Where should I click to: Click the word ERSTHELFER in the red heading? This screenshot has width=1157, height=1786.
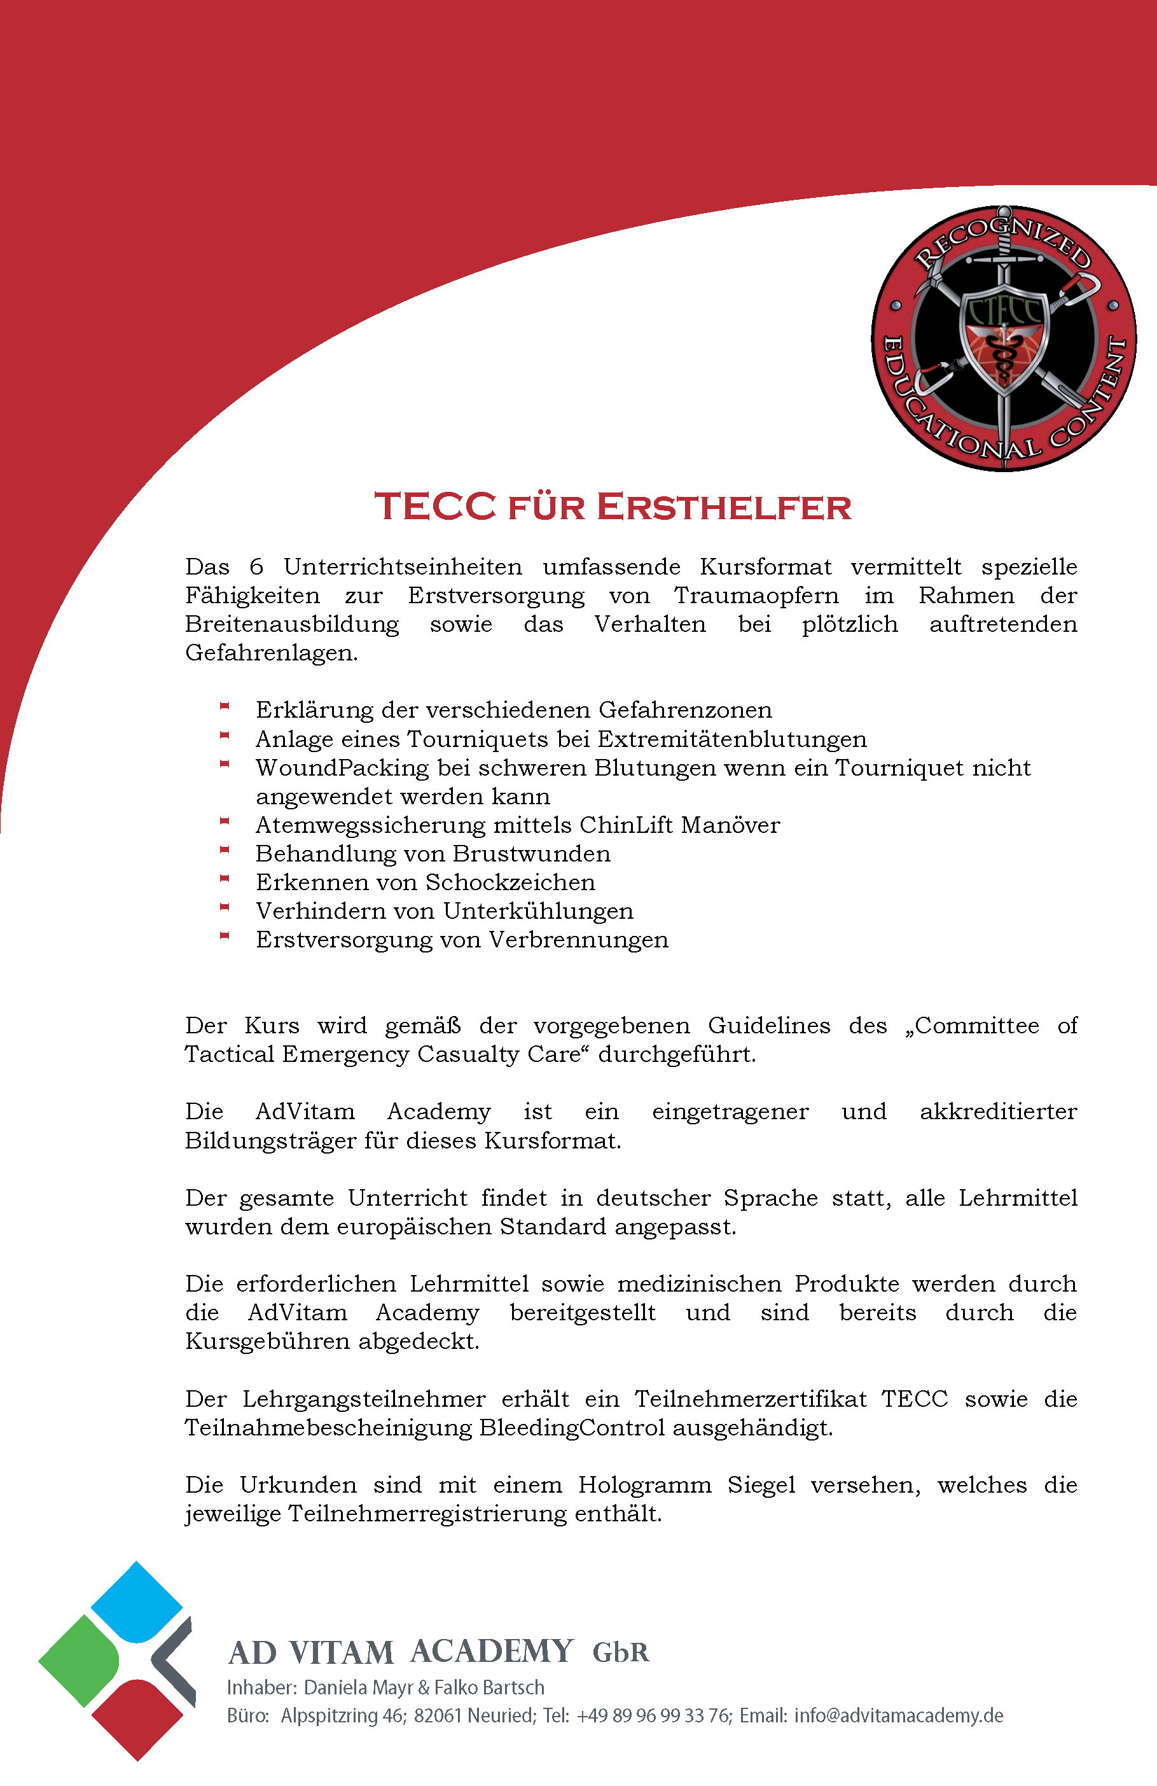click(x=724, y=506)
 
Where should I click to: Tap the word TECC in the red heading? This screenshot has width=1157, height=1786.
click(x=435, y=506)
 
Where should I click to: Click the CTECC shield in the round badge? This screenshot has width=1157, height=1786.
click(x=1004, y=338)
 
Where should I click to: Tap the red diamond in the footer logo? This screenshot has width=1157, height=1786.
click(x=137, y=1719)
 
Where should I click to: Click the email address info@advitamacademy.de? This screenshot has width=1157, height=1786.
click(x=898, y=1716)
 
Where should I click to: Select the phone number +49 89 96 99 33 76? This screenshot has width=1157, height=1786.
click(x=653, y=1716)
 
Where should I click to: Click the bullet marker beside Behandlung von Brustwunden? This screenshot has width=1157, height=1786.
click(x=224, y=850)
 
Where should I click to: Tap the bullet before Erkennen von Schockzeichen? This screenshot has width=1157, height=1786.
click(x=224, y=879)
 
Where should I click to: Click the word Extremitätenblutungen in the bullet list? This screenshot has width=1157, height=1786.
click(x=731, y=739)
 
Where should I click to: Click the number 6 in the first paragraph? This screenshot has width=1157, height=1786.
click(x=256, y=566)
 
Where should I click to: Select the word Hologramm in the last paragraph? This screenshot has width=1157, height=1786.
click(x=644, y=1485)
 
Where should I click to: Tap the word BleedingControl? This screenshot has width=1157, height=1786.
click(x=572, y=1427)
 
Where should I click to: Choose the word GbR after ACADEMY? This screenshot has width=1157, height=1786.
click(x=621, y=1652)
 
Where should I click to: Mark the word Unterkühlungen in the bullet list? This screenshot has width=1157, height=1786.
click(x=538, y=911)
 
